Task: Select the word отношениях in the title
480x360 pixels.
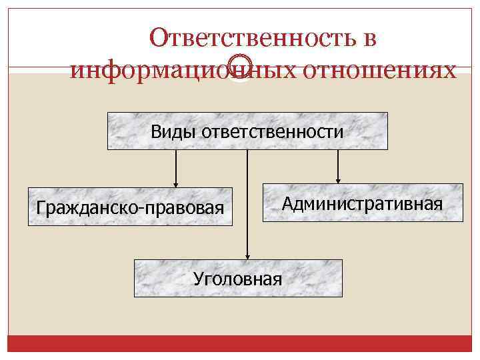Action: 379,69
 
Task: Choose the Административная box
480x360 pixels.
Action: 362,203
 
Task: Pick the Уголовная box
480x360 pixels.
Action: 238,278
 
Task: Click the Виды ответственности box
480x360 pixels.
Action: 247,131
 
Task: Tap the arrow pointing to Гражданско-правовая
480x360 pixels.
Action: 176,167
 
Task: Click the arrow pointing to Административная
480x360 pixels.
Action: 338,165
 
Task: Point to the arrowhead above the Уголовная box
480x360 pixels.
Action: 247,255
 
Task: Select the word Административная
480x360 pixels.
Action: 362,203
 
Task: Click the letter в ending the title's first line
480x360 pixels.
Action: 371,39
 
